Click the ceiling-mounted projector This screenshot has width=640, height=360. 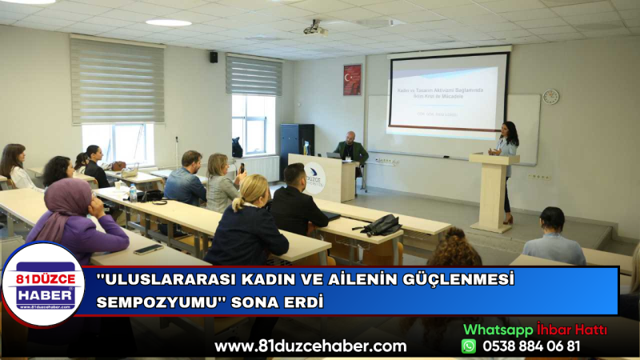(315, 29)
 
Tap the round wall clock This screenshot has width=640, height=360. (550, 97)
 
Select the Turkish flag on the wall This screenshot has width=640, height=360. (352, 80)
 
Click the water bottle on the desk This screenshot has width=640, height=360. (133, 193)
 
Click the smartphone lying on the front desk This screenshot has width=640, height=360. (148, 249)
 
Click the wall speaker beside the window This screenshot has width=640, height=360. (214, 57)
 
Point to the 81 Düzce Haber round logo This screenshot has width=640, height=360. (42, 285)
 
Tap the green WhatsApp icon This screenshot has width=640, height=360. (469, 346)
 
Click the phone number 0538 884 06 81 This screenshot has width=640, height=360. (531, 346)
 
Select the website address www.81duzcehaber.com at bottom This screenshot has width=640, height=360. (310, 346)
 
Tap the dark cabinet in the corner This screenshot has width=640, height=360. (296, 144)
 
